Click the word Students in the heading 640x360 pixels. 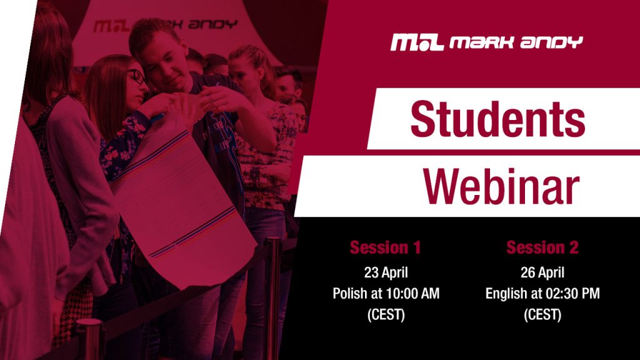[x=497, y=119]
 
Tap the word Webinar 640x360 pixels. [x=501, y=186]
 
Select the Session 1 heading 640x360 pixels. [x=385, y=247]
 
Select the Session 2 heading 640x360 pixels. [x=542, y=247]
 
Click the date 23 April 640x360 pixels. [x=386, y=272]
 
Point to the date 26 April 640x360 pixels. [x=542, y=272]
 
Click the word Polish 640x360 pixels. [x=348, y=293]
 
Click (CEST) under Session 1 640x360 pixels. [x=386, y=315]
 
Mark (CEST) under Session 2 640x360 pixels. [x=542, y=315]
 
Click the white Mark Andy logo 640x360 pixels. [x=486, y=42]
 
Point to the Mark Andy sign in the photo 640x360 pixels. [x=165, y=25]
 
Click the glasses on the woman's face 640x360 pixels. [x=137, y=77]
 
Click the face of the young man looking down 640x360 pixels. [x=165, y=65]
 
